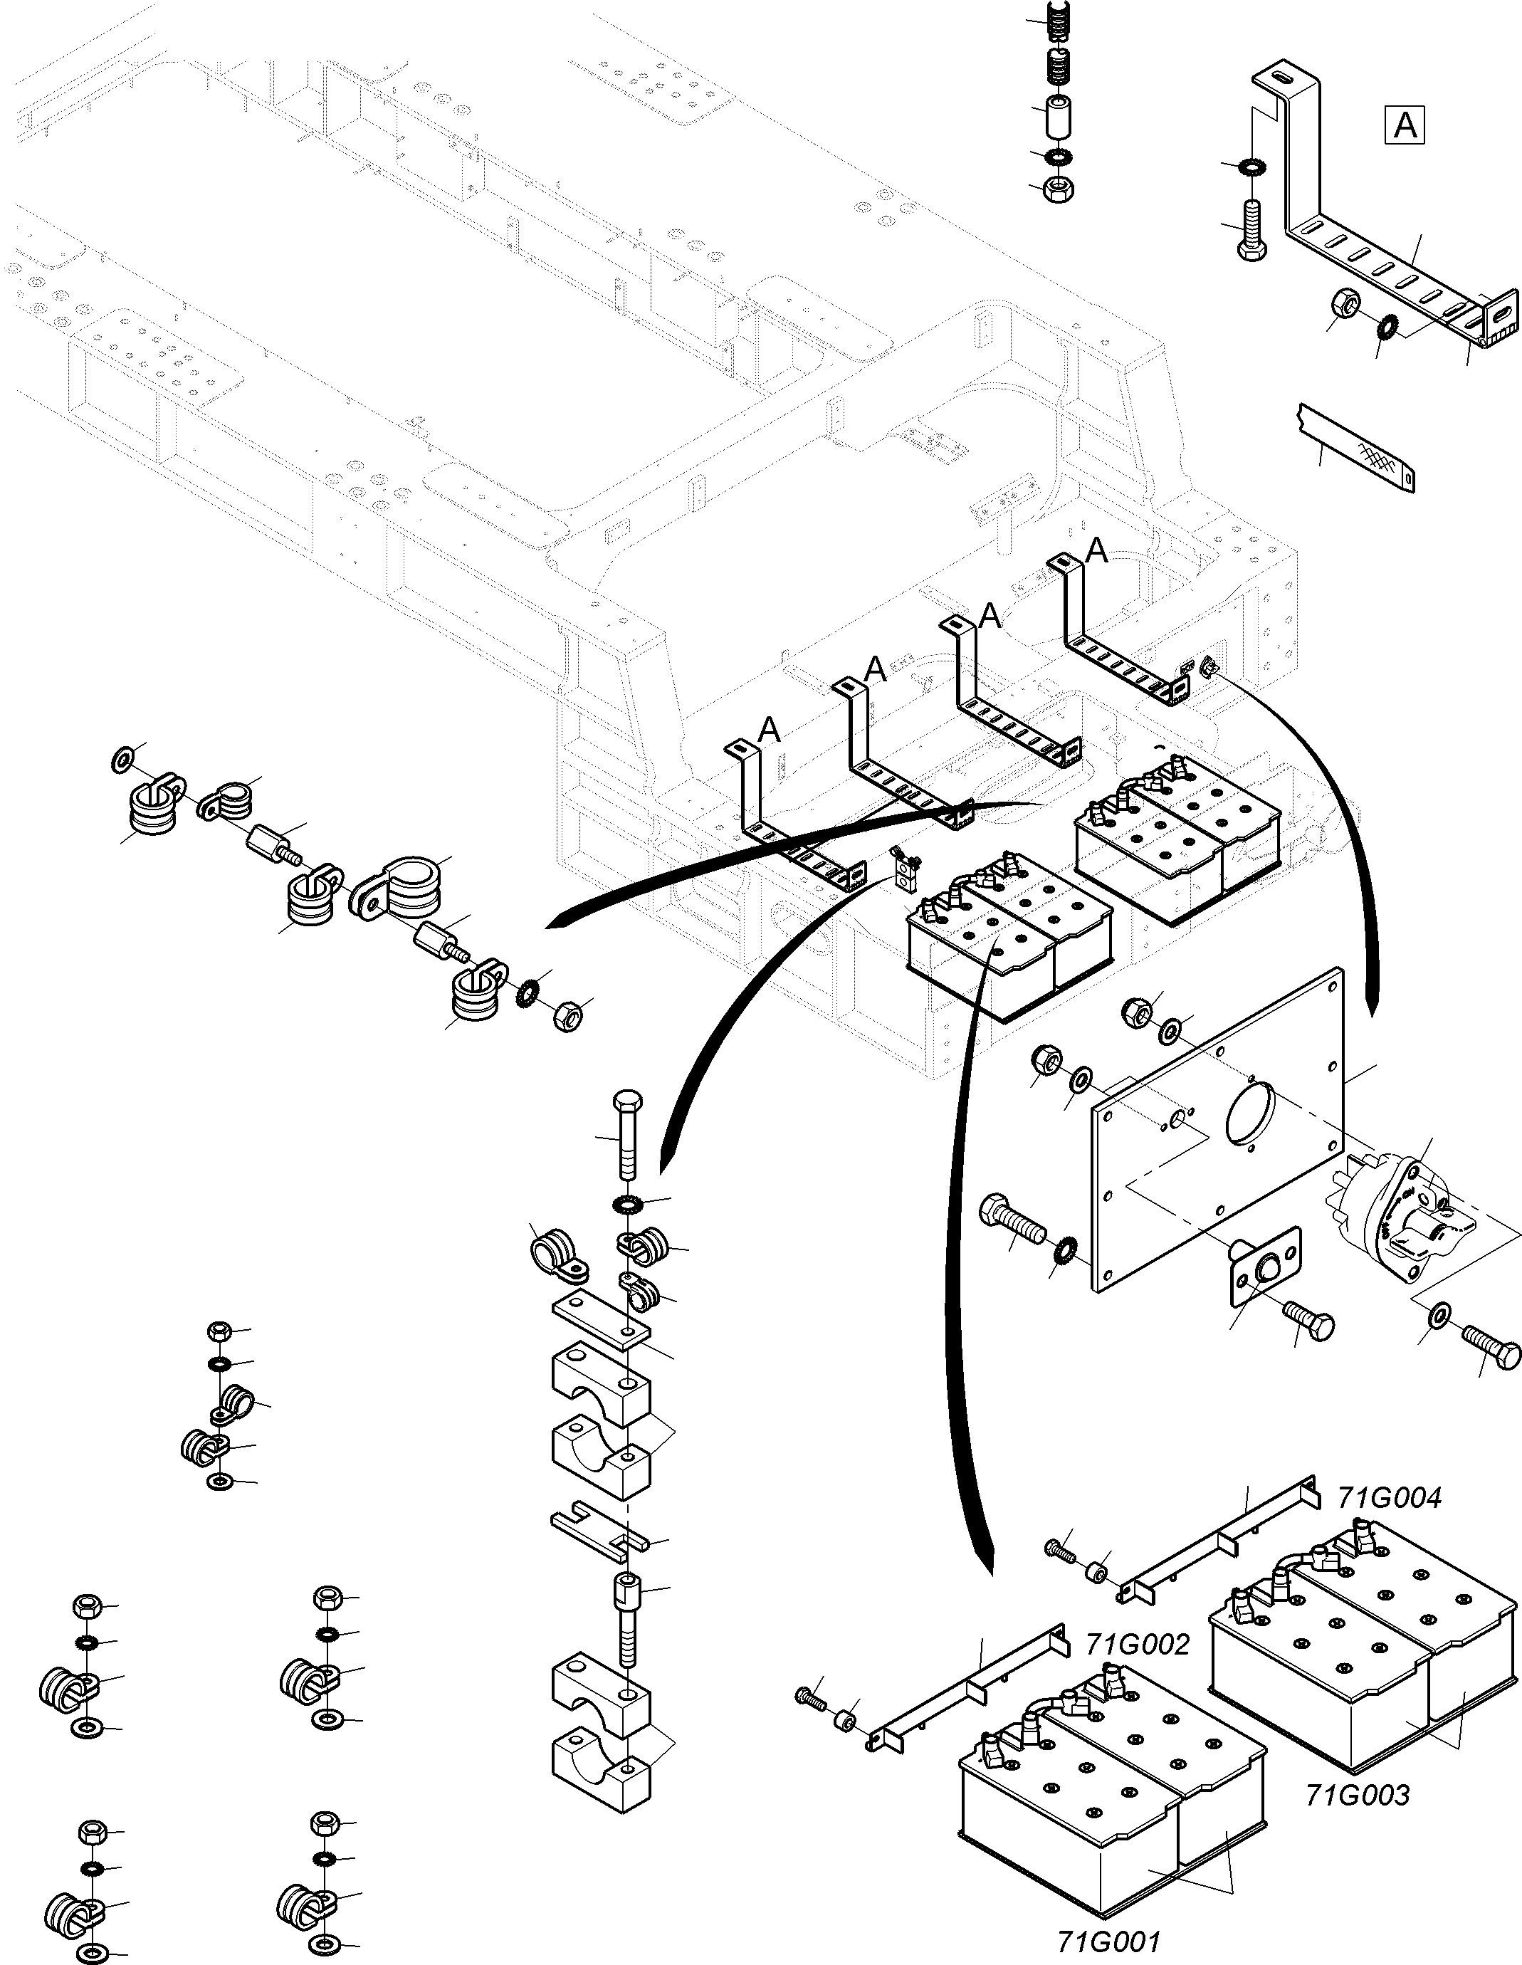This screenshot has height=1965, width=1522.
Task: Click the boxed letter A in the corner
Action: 1404,125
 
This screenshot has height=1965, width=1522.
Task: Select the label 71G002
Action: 1137,1644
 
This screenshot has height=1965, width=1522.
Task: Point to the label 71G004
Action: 1389,1497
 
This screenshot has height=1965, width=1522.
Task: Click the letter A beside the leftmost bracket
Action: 769,730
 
